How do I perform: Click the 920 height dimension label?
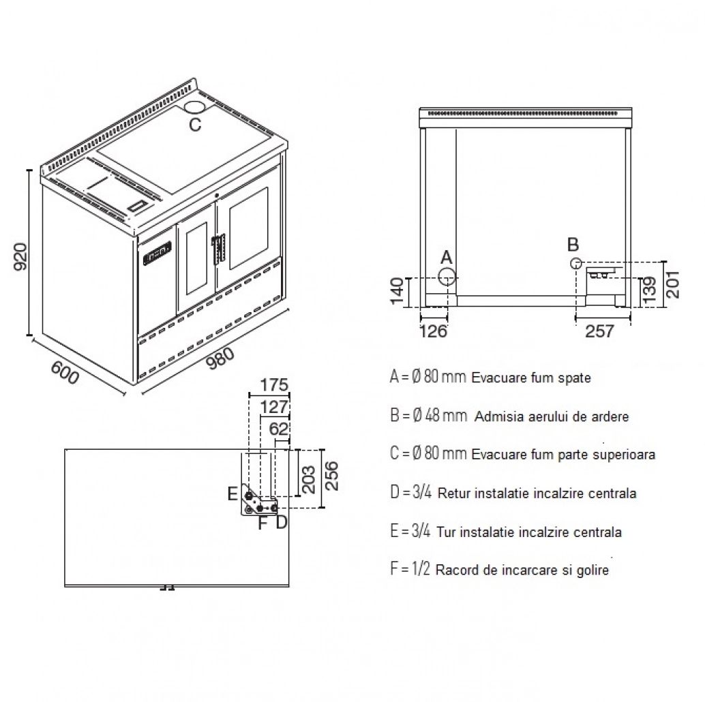pyautogui.click(x=20, y=256)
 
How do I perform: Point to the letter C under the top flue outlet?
pyautogui.click(x=195, y=125)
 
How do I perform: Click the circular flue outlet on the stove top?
pyautogui.click(x=195, y=107)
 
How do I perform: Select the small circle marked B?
pyautogui.click(x=575, y=263)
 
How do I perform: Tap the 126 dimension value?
pyautogui.click(x=434, y=331)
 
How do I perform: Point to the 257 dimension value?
pyautogui.click(x=600, y=331)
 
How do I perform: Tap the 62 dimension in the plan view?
pyautogui.click(x=280, y=429)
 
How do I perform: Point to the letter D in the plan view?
pyautogui.click(x=281, y=523)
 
